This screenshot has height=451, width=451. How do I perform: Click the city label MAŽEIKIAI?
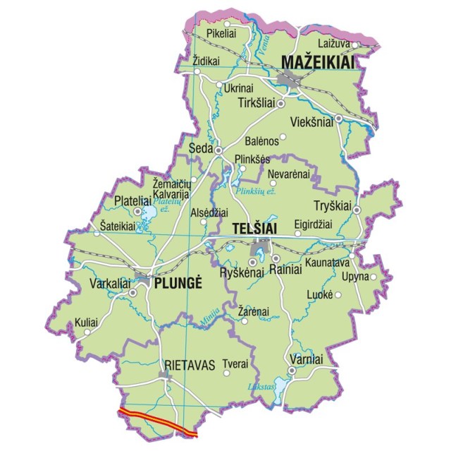point(317,63)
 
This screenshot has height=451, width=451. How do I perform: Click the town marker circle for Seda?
point(218,150)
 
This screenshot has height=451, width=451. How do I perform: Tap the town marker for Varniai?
point(291,371)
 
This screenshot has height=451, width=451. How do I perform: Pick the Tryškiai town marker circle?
point(357,210)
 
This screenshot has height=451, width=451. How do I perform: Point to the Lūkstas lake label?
point(261,387)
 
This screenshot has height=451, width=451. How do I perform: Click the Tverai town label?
point(235,364)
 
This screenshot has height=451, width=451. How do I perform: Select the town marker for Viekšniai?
point(338,118)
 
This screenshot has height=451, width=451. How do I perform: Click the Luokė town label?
point(320,294)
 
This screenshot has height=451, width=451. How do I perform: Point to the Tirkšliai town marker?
point(280,103)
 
